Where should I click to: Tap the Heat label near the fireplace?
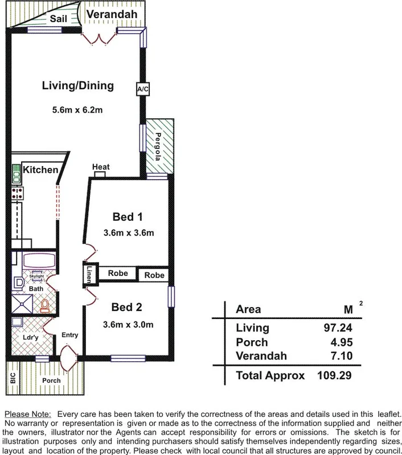tap(101, 167)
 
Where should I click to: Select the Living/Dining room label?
tap(78, 86)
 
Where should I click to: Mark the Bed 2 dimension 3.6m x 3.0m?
tap(128, 325)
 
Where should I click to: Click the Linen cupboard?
tap(89, 275)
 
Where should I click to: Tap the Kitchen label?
tap(40, 169)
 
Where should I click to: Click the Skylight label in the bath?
tap(36, 276)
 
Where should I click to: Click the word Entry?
tap(69, 335)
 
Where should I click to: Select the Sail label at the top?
tap(59, 19)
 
